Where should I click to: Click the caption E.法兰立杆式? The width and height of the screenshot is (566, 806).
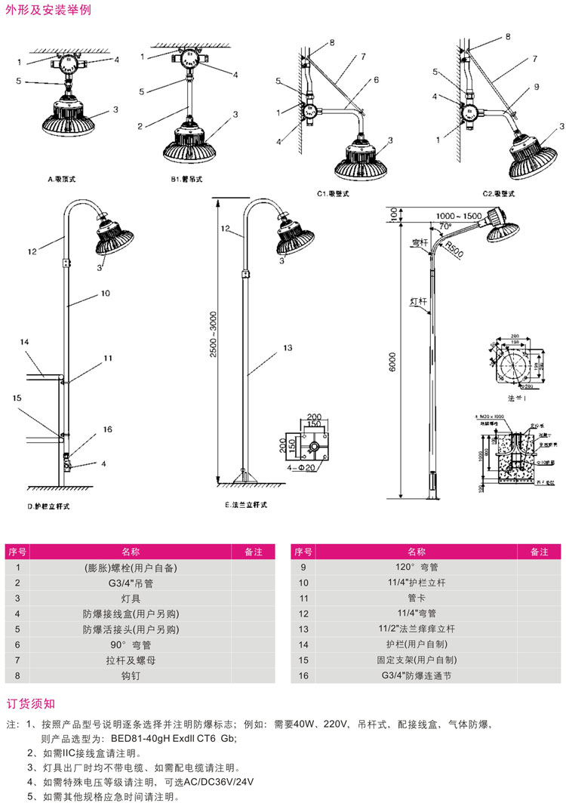point(247,506)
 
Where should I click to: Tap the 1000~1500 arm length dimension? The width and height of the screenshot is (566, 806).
point(458,216)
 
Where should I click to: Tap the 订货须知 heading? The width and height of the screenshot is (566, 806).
point(31,704)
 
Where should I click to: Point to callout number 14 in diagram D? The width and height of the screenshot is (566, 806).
point(24,342)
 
